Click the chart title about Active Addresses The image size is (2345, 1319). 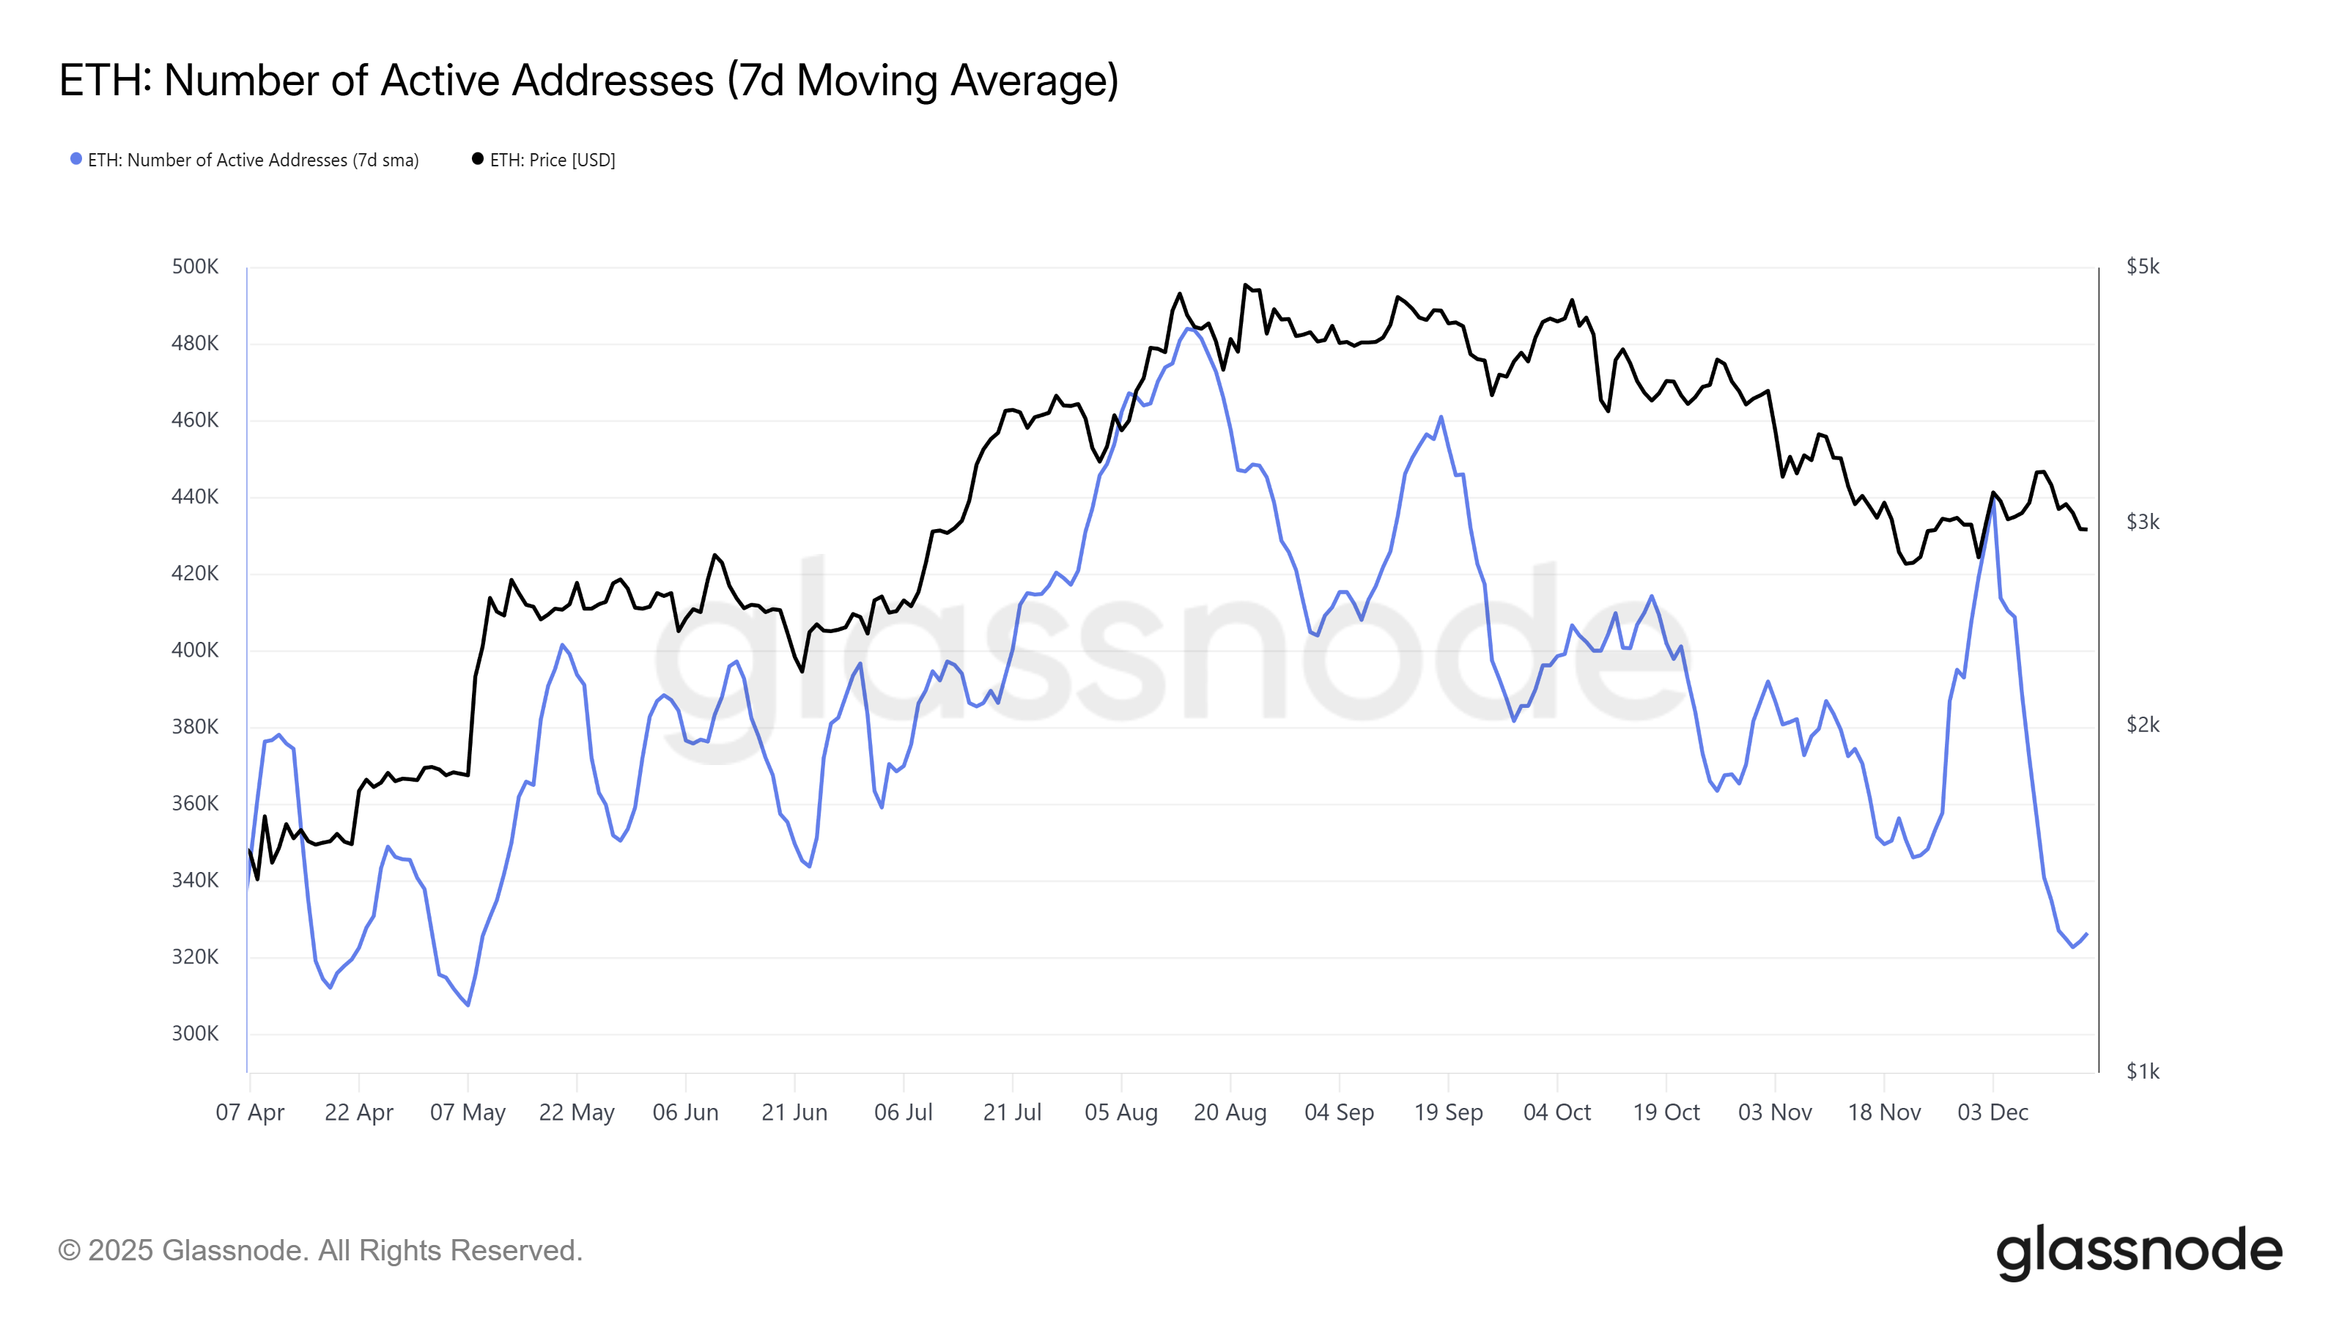588,80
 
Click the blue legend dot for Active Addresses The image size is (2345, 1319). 76,159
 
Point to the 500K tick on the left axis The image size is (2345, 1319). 195,267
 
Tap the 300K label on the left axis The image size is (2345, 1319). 195,1033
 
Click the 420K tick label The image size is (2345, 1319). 195,574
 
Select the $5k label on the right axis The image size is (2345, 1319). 2142,267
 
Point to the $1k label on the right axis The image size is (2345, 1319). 2142,1071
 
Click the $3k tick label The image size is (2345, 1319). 2142,522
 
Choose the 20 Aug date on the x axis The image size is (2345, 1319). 1230,1112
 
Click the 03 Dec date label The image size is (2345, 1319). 1993,1112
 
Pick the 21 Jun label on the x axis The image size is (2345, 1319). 794,1112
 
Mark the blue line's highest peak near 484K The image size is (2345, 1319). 1188,328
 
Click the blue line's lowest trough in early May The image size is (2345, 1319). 468,1005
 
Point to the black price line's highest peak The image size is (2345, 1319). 1245,285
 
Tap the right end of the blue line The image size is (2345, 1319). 2086,934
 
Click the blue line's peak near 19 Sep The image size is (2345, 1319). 1441,417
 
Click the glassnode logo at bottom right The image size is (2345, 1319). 2138,1252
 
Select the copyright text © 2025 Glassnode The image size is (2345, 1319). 320,1251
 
